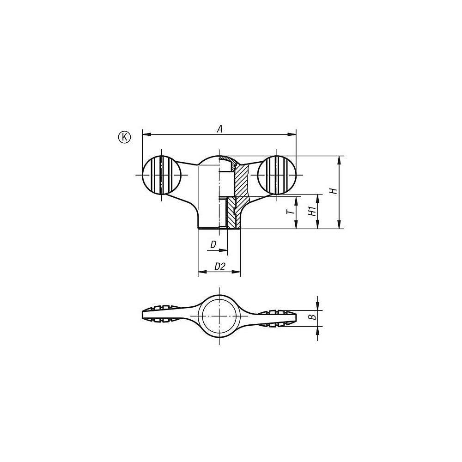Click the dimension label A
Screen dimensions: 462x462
click(x=220, y=129)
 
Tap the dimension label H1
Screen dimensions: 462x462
click(x=312, y=212)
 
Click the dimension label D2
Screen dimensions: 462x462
click(x=219, y=267)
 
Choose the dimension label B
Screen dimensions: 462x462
click(x=312, y=316)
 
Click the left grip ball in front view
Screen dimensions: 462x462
click(x=161, y=175)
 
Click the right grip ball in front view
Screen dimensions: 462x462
click(x=276, y=175)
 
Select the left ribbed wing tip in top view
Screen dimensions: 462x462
click(x=159, y=314)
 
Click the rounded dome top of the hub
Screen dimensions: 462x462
click(x=210, y=159)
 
